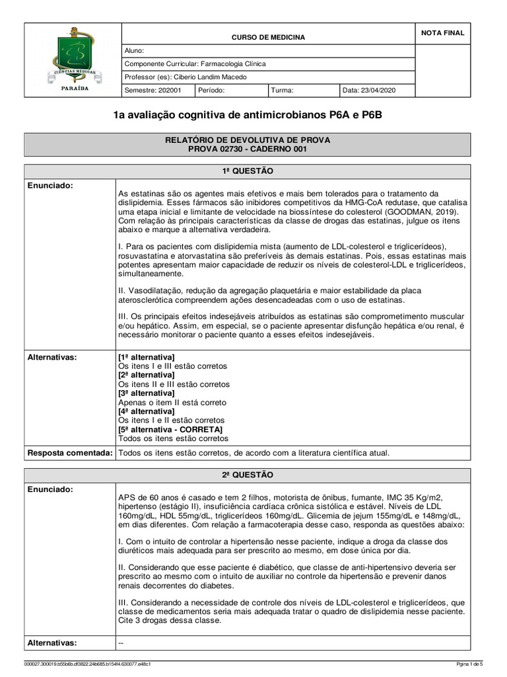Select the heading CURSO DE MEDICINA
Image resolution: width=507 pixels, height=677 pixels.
267,38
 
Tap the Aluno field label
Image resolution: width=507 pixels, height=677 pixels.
134,51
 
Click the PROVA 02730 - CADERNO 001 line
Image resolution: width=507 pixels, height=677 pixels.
257,149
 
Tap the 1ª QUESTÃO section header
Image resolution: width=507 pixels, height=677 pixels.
257,171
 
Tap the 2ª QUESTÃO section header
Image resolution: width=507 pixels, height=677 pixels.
257,475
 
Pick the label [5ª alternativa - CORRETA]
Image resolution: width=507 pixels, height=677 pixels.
170,430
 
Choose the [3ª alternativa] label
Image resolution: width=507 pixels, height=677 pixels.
146,393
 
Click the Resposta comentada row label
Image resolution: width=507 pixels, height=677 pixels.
69,453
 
